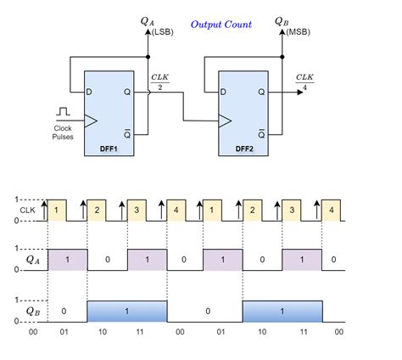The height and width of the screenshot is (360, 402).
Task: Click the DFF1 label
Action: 109,149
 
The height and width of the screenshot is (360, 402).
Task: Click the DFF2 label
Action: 244,149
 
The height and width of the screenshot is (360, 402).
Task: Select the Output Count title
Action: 221,25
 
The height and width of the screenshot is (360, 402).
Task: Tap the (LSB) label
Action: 163,32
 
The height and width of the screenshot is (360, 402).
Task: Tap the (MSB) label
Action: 298,32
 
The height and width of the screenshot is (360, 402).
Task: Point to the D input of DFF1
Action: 89,92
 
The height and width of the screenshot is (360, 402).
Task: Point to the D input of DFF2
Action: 223,92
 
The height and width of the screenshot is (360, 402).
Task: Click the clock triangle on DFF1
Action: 91,121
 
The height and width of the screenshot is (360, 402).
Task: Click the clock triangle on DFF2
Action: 225,121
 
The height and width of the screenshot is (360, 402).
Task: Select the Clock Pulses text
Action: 63,132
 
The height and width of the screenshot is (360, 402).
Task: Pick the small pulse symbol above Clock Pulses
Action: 63,111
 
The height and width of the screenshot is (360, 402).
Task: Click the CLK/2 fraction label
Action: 160,82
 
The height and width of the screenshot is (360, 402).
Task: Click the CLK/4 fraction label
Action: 304,82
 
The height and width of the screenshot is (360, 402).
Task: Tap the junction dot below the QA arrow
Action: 148,57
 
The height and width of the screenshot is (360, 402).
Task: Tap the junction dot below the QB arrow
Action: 282,57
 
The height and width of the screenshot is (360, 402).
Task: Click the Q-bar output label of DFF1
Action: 127,133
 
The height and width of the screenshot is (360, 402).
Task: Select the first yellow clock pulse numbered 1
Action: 57,211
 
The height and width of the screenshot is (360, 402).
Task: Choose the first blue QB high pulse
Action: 127,312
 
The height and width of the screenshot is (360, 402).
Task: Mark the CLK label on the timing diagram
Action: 27,211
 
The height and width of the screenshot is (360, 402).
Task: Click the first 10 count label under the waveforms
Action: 103,332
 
